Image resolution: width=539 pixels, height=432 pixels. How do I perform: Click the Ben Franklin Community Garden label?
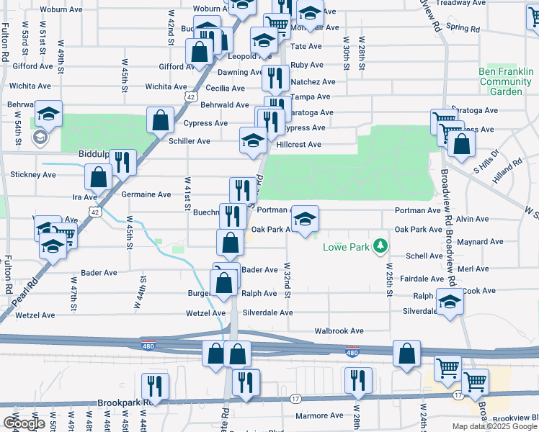[x=505, y=81]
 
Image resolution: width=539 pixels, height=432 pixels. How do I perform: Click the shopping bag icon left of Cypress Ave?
[x=161, y=119]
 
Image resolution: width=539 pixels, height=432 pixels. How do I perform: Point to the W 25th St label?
[x=389, y=282]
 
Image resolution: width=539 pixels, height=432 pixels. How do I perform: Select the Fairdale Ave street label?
[x=422, y=279]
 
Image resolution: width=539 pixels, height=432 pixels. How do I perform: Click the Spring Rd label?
[x=463, y=28]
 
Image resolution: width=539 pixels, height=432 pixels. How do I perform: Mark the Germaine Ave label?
[x=149, y=194]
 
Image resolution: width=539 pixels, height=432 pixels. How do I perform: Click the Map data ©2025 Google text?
[x=494, y=426]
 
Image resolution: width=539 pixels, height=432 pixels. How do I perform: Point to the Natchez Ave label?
[x=313, y=83]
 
